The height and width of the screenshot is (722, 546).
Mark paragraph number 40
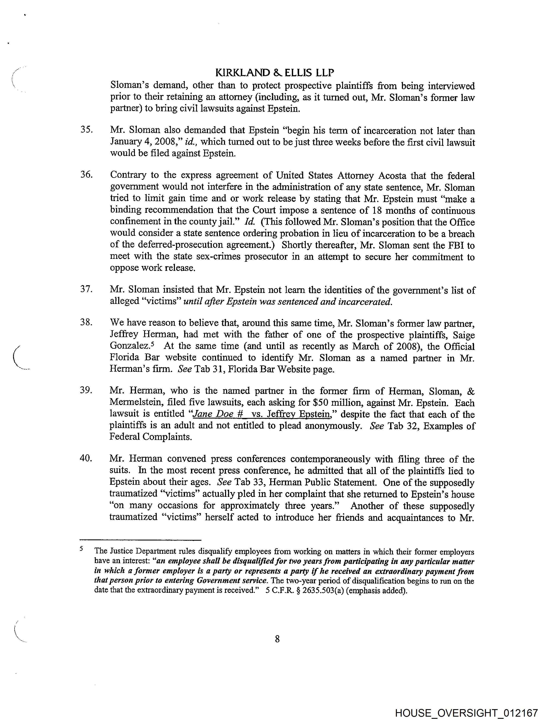pyautogui.click(x=86, y=458)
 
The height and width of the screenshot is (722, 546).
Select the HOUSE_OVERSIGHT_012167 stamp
pyautogui.click(x=466, y=713)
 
